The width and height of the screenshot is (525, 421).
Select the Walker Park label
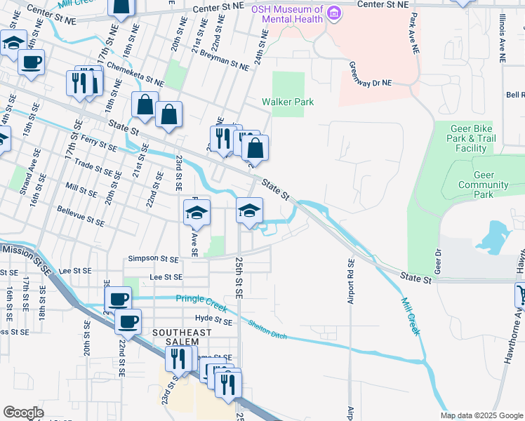(288, 102)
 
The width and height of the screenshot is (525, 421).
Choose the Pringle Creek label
(203, 301)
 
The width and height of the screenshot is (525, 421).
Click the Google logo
(24, 413)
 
